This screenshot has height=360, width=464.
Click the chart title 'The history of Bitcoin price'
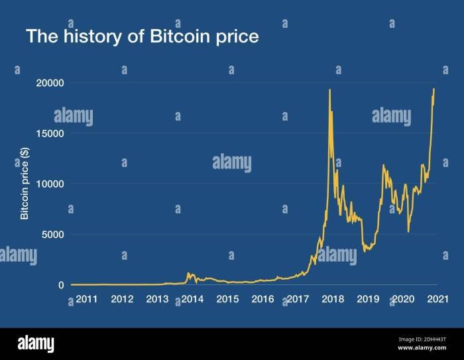point(142,36)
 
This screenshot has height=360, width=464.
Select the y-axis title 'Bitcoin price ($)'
point(25,184)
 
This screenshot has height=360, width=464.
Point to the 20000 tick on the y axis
point(50,83)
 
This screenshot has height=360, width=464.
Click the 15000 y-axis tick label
point(50,133)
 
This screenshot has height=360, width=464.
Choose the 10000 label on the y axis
point(50,184)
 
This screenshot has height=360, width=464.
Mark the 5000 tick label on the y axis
point(52,234)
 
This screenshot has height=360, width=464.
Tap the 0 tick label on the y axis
point(61,285)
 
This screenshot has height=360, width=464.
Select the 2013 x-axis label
point(157,300)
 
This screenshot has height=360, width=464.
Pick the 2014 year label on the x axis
point(192,300)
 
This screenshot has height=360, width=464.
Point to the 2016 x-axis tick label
point(262,300)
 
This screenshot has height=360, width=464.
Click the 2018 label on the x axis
point(333,300)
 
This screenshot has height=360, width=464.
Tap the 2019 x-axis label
point(368,300)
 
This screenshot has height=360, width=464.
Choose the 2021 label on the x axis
point(435,300)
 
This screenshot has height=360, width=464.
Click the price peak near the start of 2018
point(329,90)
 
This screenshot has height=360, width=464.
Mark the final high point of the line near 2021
point(434,89)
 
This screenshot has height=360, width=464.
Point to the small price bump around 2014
point(189,273)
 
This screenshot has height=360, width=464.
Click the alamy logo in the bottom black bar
point(36,344)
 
